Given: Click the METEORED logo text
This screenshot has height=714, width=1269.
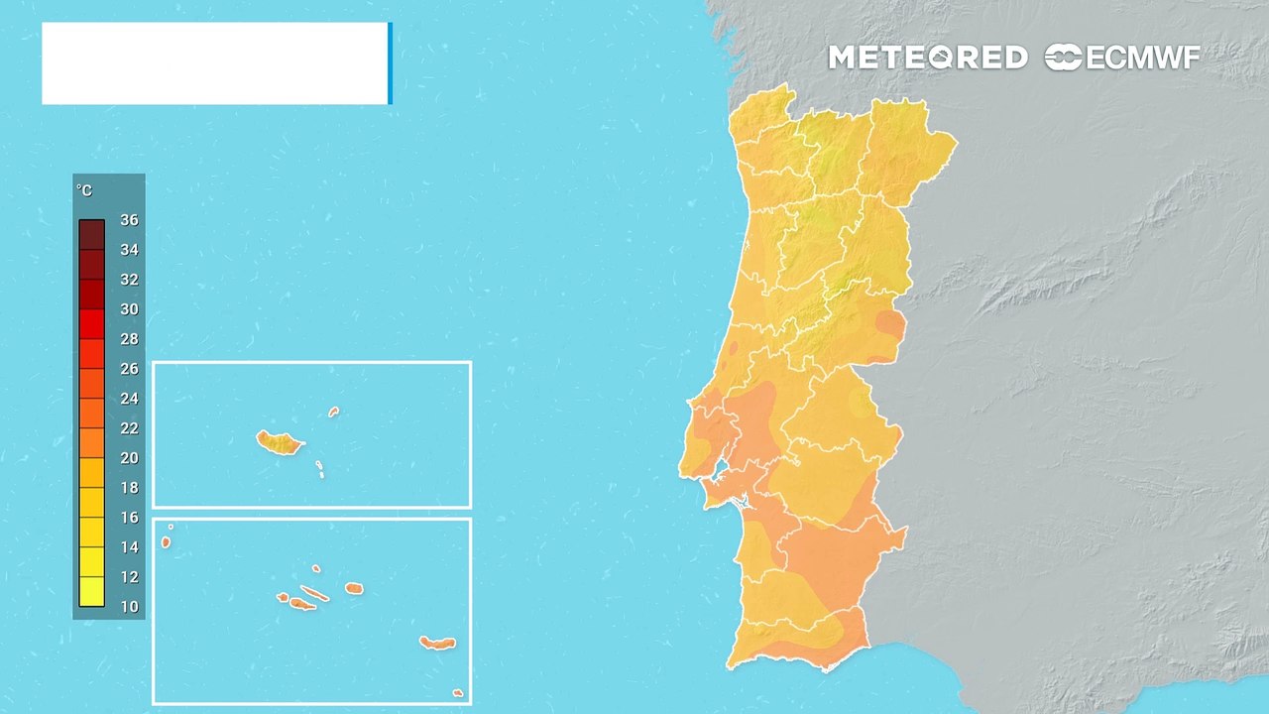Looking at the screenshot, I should click(x=927, y=58).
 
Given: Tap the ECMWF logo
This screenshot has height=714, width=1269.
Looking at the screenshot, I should click(x=1122, y=58).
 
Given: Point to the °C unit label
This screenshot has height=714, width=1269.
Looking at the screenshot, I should click(x=84, y=190).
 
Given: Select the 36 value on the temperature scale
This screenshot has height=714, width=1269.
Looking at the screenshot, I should click(x=129, y=220).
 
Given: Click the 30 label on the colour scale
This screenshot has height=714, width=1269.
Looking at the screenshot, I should click(x=129, y=309).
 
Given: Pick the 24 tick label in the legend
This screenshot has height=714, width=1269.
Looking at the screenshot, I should click(x=129, y=399).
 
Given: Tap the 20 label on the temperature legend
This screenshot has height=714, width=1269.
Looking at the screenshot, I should click(x=129, y=458).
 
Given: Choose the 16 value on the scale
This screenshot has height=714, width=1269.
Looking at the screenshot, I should click(x=129, y=518).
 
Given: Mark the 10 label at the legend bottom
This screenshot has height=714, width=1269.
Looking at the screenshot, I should click(x=129, y=606).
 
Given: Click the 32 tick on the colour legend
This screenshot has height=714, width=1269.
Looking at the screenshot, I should click(x=129, y=280).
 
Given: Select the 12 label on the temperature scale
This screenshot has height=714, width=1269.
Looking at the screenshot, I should click(x=129, y=577).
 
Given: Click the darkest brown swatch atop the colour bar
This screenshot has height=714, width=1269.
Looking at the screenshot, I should click(x=92, y=234).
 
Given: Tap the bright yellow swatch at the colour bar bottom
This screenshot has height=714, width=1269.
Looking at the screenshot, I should click(x=92, y=591).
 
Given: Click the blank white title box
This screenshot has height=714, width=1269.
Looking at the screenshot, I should click(x=215, y=63).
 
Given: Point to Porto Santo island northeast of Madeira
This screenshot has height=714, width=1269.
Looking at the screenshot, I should click(x=334, y=412).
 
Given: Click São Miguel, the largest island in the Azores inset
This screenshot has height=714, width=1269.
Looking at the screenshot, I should click(x=437, y=644).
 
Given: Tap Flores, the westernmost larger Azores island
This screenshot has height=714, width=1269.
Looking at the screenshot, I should click(x=166, y=542).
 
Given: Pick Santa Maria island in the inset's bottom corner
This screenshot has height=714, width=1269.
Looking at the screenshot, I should click(x=457, y=693).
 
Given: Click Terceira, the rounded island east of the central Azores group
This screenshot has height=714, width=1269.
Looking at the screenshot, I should click(x=354, y=588).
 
